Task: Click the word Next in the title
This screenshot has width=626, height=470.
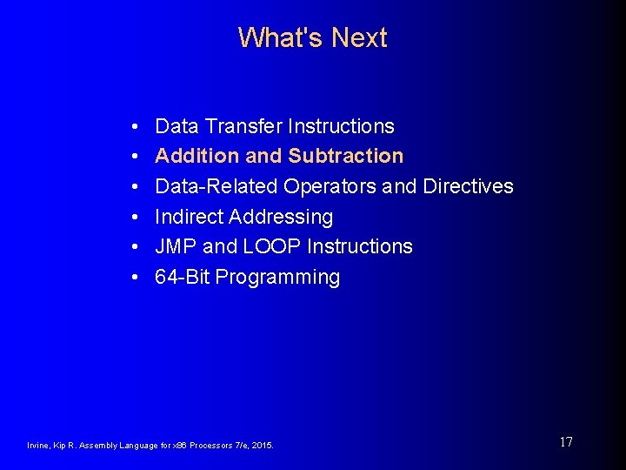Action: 359,37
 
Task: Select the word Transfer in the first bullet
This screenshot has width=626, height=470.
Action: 242,126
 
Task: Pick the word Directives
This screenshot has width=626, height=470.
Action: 468,186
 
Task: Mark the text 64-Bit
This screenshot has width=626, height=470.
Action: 182,277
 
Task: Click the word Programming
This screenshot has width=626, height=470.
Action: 277,278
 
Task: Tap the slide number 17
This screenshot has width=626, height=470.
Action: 565,442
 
